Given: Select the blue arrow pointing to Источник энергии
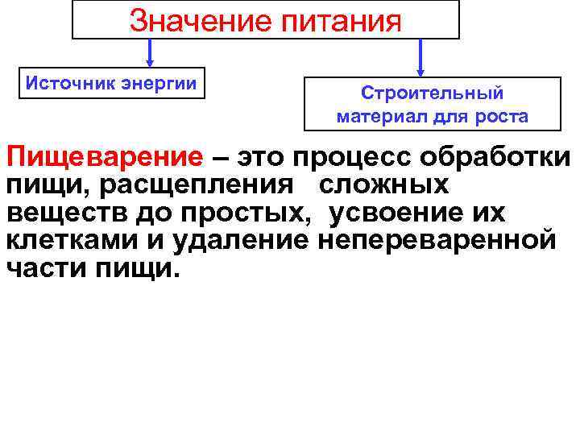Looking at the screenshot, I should coord(150,53).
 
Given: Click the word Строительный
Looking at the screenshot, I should coord(432,94).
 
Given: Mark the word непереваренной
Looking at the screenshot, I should coord(436,241).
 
